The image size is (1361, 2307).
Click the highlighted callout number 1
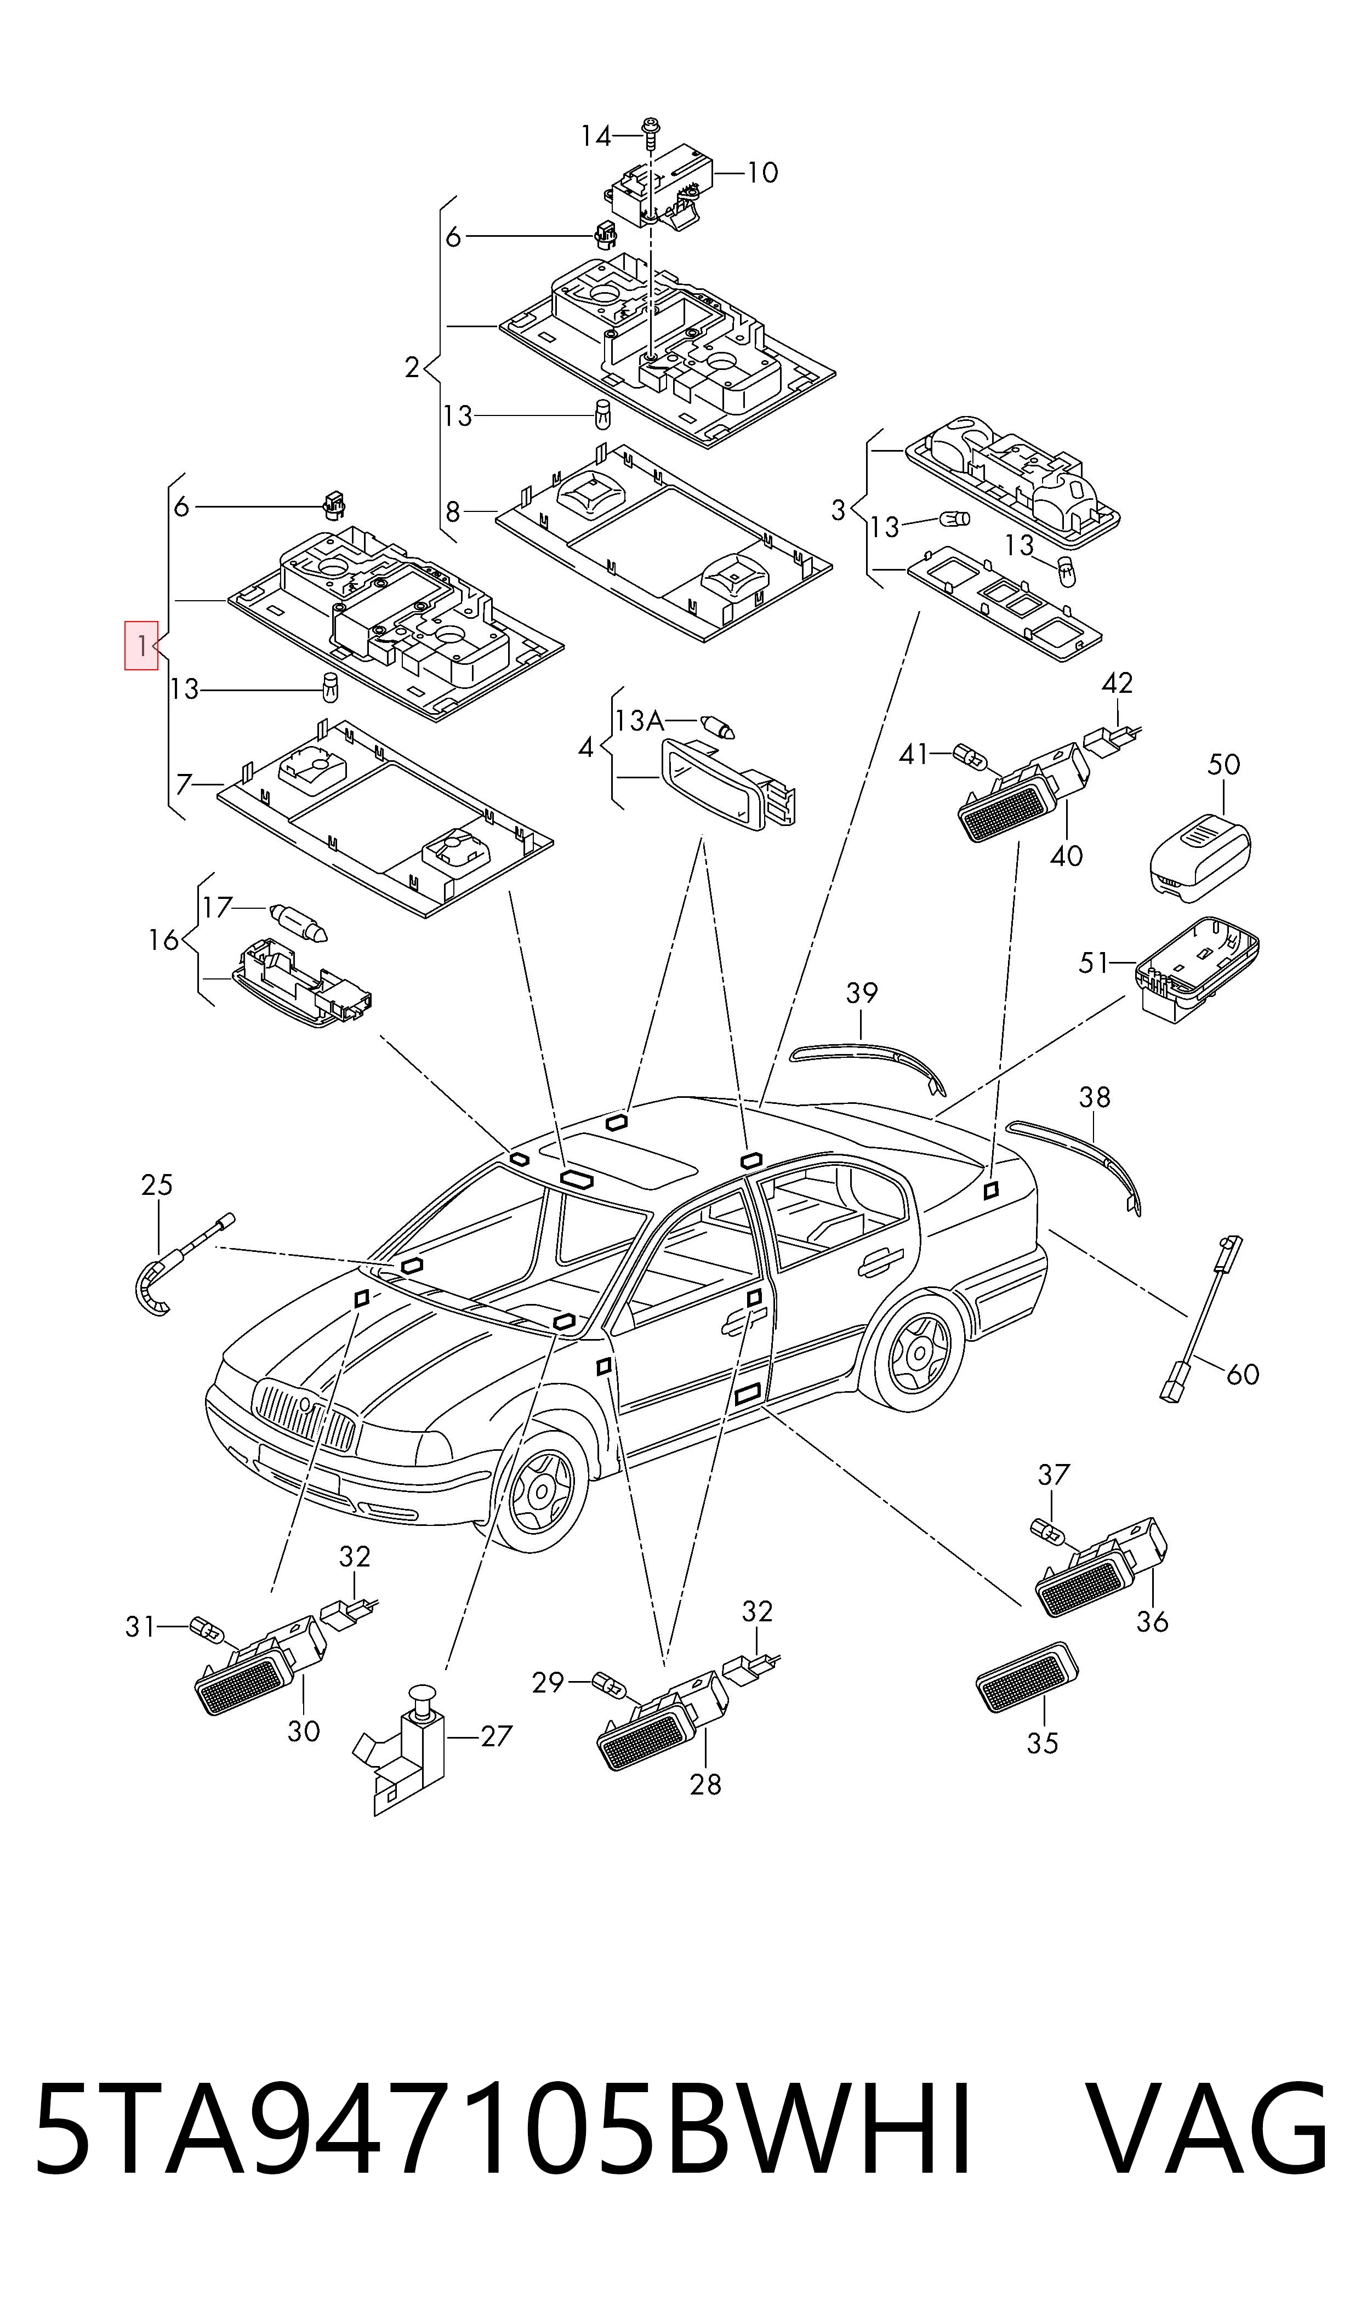coord(141,646)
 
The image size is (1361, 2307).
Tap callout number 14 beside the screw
coord(596,136)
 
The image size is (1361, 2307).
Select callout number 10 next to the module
coord(762,173)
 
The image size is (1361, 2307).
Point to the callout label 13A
coord(639,721)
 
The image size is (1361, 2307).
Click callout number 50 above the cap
coord(1223,764)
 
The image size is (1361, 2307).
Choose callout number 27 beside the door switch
coord(496,1736)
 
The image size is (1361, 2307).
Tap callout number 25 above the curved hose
coord(157,1184)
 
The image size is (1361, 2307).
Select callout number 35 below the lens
coord(1043,1743)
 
